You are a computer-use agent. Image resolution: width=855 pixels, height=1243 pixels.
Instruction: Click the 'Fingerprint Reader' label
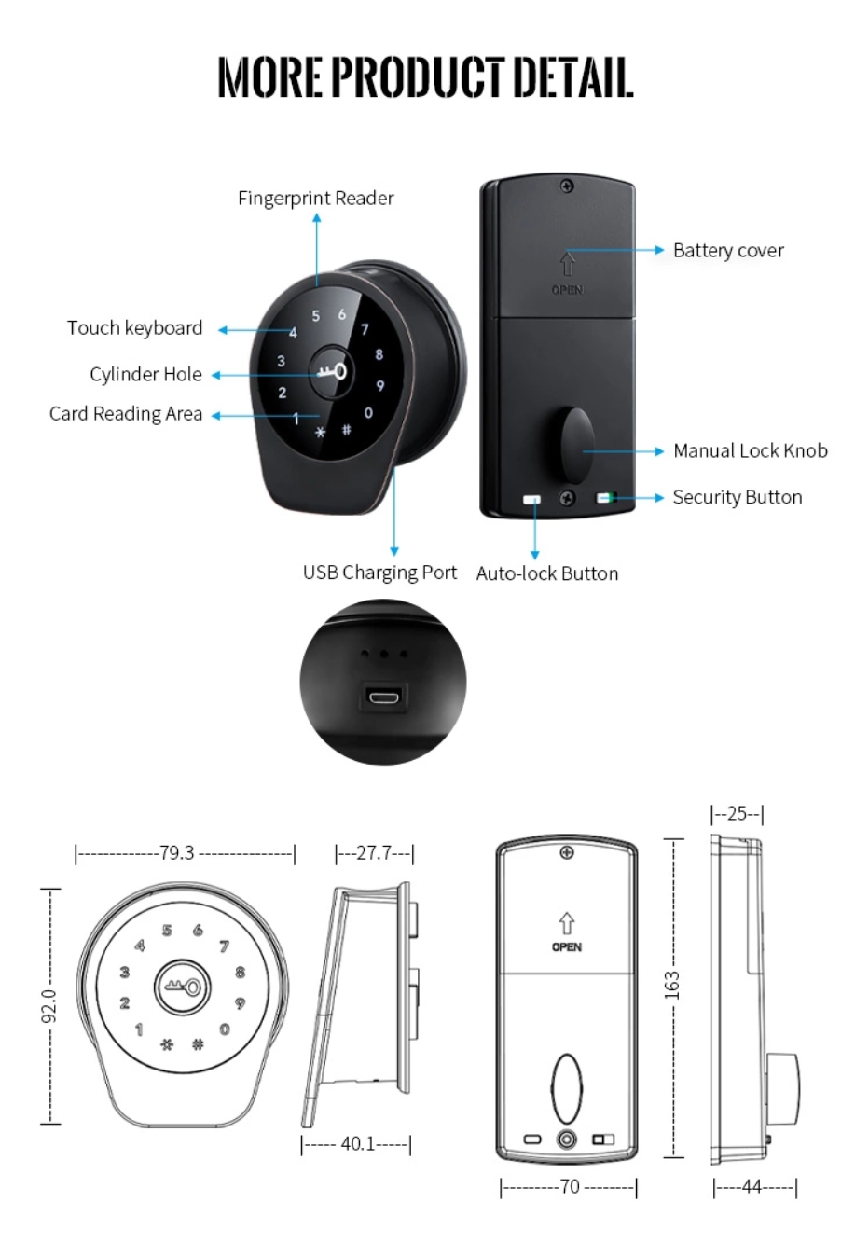(316, 198)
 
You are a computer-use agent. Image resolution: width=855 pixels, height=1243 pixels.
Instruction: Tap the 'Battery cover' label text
(728, 250)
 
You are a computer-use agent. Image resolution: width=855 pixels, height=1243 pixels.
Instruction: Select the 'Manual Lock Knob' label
(751, 450)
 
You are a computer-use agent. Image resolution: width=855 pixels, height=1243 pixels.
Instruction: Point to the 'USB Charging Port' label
(379, 573)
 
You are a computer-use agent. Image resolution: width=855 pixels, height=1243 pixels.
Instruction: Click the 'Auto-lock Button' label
(547, 573)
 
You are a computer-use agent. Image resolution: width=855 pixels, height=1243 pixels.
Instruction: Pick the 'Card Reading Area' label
(125, 414)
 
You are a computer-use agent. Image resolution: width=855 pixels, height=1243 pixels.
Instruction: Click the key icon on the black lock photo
(333, 372)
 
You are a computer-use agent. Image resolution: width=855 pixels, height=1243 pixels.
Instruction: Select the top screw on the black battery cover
(567, 186)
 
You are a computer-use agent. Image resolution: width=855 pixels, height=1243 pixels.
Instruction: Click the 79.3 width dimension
(176, 852)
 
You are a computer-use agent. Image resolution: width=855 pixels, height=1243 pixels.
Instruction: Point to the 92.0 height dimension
(48, 1005)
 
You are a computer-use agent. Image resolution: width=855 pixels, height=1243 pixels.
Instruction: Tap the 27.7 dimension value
(374, 852)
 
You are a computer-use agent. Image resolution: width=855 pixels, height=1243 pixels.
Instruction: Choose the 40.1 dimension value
(358, 1143)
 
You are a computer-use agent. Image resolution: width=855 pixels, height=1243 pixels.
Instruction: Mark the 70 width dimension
(570, 1186)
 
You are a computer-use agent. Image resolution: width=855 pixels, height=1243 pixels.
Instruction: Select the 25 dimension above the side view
(737, 813)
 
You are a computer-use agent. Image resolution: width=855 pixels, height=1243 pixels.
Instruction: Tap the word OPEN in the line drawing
(567, 946)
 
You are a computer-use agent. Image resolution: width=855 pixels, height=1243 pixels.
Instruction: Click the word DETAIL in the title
(572, 76)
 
